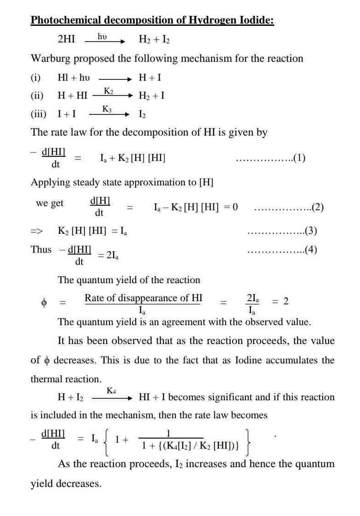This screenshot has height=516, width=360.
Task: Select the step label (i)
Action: pos(36,77)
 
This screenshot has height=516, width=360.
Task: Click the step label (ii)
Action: pos(37,96)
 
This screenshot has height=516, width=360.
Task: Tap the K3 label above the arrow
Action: pos(107,109)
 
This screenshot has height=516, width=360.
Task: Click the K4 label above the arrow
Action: pos(111,391)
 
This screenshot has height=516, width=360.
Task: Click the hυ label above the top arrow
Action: pos(102,35)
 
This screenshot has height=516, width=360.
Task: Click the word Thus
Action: pos(42,249)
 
